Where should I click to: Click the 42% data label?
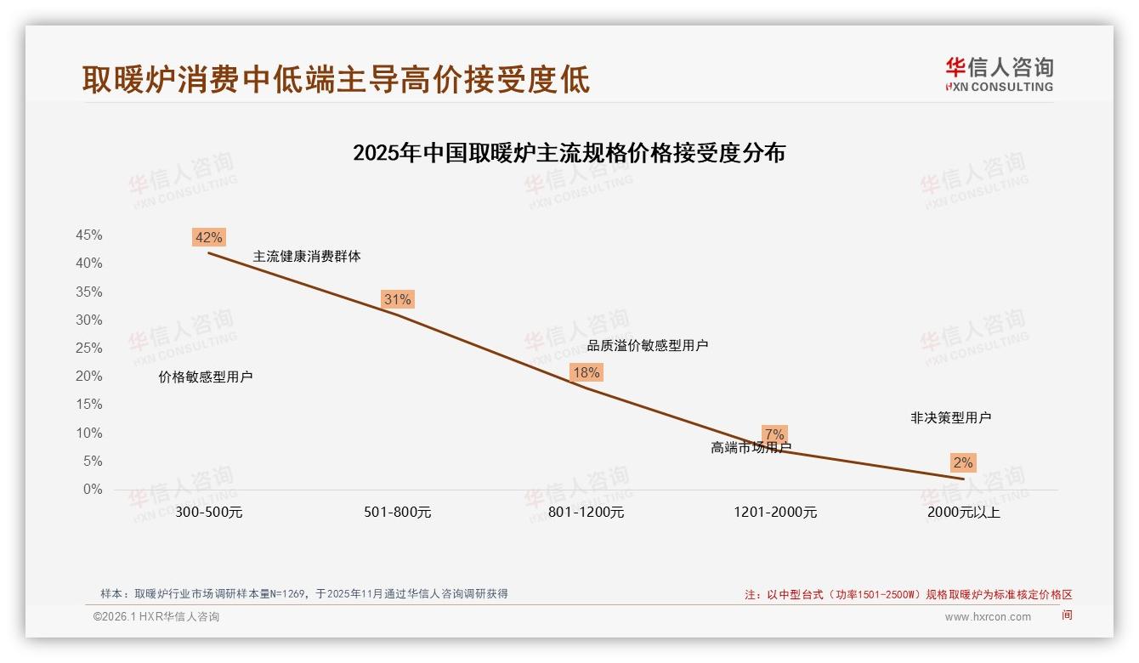[208, 237]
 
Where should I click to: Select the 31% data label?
[397, 299]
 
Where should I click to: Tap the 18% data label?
[586, 372]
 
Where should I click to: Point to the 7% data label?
[774, 434]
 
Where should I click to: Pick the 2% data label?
[963, 463]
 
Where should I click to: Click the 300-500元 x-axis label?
[208, 513]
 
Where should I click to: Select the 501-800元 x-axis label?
[397, 513]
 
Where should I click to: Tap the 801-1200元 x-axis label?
[586, 513]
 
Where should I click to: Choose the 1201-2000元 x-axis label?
[774, 513]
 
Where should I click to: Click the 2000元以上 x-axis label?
[963, 513]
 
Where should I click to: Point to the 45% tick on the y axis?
[89, 235]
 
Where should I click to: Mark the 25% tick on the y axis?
[89, 348]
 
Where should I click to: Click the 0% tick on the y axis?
[93, 490]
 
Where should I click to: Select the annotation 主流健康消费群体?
[307, 256]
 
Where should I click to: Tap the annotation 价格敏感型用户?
[206, 377]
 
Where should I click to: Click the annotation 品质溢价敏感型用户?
[648, 346]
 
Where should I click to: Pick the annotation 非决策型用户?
[950, 418]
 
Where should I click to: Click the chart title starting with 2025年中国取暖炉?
[569, 154]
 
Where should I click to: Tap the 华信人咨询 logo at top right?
[999, 74]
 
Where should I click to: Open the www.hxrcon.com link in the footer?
[988, 617]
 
